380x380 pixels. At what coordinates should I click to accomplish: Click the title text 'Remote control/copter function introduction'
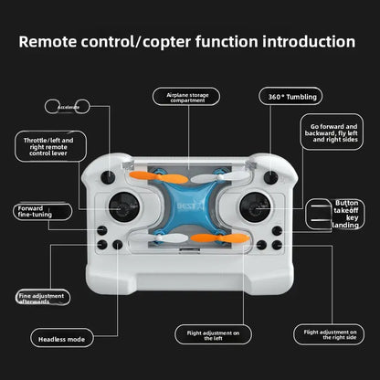tap(187, 42)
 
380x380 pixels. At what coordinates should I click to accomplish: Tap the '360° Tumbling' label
tap(289, 96)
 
